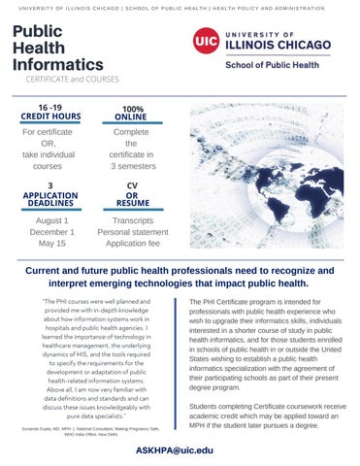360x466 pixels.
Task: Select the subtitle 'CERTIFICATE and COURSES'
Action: point(66,81)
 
